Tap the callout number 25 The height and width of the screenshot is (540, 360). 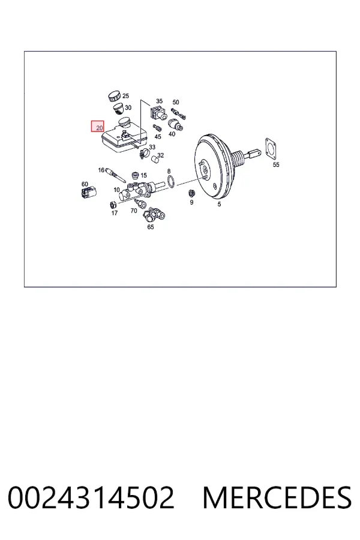126,96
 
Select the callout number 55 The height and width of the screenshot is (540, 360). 276,164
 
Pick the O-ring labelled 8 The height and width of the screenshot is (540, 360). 171,181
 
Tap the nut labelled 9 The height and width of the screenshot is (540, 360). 192,193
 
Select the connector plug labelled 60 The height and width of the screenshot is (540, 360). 89,192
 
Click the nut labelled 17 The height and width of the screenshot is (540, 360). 112,205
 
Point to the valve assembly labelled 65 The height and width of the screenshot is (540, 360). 154,215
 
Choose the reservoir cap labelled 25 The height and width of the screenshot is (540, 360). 113,97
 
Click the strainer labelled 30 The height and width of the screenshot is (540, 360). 118,109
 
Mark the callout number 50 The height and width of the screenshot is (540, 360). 176,102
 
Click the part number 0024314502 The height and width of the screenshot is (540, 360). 91,497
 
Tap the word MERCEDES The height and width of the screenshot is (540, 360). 277,497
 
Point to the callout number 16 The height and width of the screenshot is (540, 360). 101,170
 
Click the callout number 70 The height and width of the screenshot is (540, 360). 134,211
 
